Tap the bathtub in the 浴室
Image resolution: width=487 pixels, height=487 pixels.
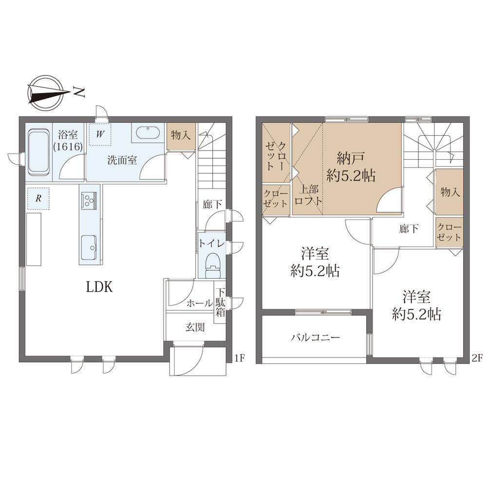(39, 152)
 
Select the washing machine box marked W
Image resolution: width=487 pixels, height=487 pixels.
(100, 134)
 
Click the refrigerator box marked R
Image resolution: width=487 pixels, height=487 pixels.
(38, 198)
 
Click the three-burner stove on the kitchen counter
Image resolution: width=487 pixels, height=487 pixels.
(89, 199)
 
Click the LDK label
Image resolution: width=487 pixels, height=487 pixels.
(99, 287)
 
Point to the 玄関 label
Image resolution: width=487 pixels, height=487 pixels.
(195, 327)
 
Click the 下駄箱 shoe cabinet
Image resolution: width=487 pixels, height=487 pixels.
(220, 302)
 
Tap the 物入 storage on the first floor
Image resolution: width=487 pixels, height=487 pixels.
(181, 136)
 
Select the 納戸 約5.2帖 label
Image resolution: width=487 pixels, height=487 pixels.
(351, 167)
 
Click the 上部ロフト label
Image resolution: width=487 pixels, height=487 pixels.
(308, 195)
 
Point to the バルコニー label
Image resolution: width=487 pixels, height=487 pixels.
(315, 337)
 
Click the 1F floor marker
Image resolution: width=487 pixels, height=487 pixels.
(240, 358)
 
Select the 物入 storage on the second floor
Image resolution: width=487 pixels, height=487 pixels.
(450, 192)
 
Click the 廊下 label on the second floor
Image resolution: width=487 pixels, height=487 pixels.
(409, 229)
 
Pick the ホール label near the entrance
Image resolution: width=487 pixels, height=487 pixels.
(200, 303)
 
